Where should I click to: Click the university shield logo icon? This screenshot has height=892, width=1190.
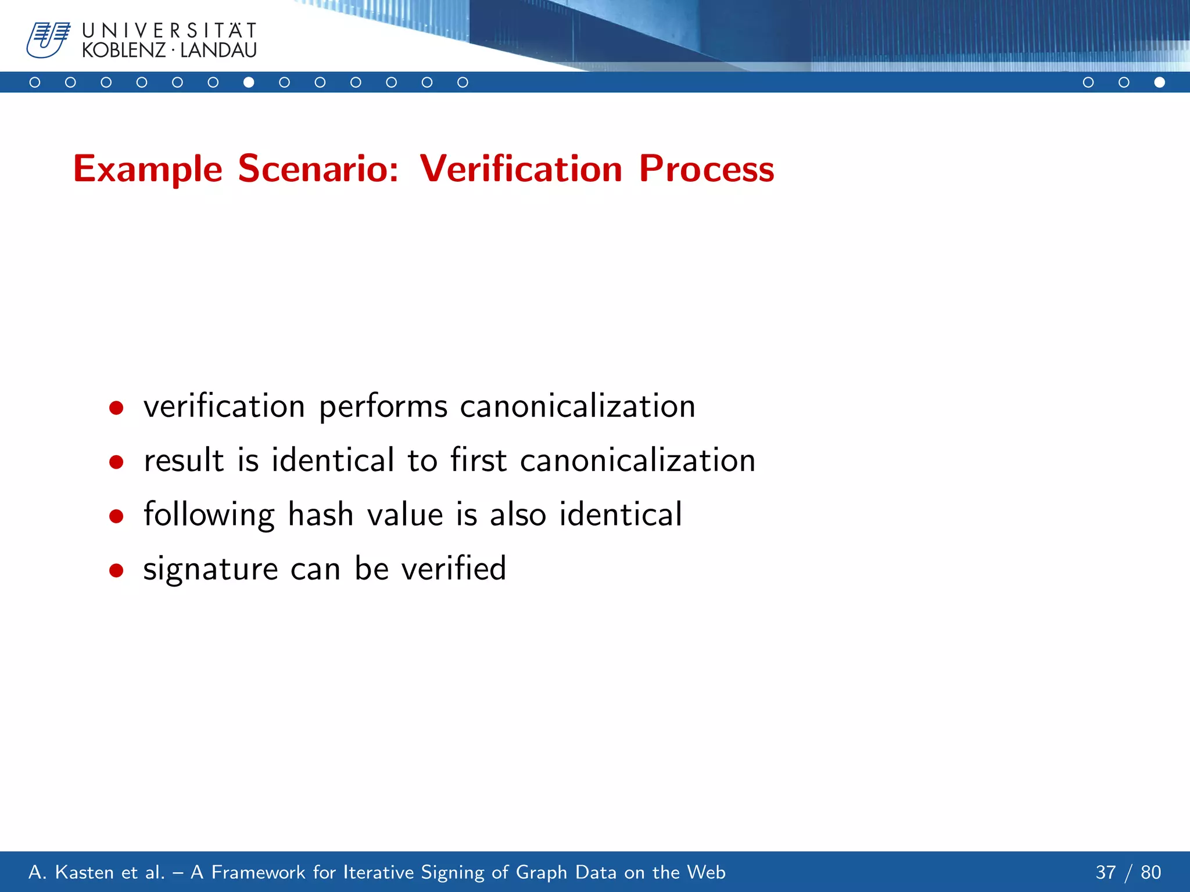click(48, 40)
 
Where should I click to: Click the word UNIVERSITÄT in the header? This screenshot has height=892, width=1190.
click(169, 30)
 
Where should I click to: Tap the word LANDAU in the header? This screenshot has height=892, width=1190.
click(218, 51)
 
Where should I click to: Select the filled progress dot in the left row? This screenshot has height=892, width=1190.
click(249, 82)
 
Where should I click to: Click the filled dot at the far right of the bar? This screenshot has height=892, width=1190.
click(1159, 82)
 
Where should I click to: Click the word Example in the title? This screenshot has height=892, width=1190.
click(148, 169)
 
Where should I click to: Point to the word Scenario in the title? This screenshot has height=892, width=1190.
click(318, 169)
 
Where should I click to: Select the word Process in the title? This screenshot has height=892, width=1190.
click(706, 169)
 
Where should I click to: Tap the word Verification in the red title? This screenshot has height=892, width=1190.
click(521, 169)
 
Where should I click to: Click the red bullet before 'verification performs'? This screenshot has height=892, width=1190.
click(116, 408)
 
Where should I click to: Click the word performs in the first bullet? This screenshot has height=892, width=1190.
click(383, 407)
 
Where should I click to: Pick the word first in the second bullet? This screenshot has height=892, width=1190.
click(478, 461)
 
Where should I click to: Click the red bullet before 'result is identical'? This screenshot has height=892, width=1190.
click(116, 462)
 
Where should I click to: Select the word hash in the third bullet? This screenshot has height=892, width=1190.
click(321, 515)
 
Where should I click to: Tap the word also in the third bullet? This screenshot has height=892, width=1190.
click(518, 515)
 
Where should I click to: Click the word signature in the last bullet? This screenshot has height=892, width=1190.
click(210, 569)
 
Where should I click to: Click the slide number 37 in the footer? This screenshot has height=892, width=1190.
click(1106, 872)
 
